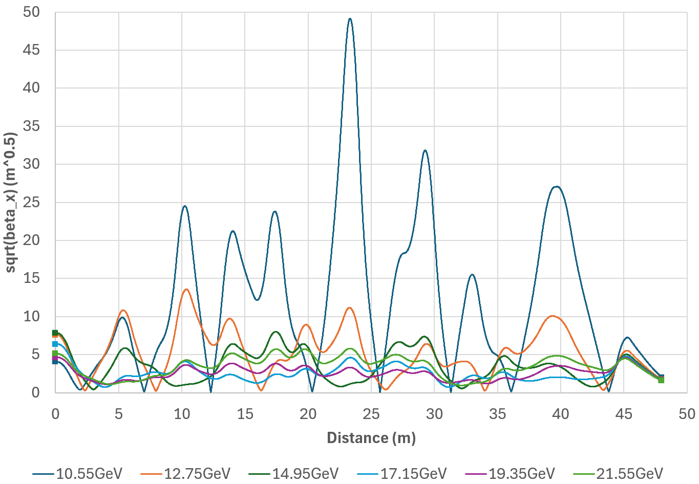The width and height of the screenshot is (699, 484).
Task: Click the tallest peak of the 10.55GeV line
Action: pos(350,19)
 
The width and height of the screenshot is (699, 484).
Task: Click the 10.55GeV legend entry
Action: pos(77,474)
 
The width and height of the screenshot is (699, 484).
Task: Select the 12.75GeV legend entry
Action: pos(185,474)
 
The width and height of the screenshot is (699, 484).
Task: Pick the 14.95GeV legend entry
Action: pos(293,474)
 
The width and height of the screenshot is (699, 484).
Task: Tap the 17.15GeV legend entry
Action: pos(401,474)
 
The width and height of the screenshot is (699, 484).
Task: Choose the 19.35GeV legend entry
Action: pos(510,474)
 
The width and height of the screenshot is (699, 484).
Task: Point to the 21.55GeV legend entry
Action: pos(618,474)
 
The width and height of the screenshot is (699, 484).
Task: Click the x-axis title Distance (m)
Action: pos(371,438)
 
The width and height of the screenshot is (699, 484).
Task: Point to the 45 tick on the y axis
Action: pos(31,50)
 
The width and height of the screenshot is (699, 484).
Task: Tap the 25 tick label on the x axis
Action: pos(371,414)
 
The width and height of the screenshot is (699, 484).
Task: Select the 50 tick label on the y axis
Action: pos(31,12)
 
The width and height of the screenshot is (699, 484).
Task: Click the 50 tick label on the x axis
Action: pos(687,414)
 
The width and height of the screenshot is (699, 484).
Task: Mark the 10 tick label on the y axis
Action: pos(31,317)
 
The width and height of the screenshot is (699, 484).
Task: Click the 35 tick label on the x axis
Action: pos(497,414)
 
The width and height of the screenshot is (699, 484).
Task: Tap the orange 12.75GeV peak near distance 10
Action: pos(186,290)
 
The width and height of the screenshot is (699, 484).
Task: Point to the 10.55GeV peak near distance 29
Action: pos(425,150)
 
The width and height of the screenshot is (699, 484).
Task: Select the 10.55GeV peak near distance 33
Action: pos(472,275)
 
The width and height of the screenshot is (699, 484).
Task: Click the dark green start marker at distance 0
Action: pos(55,333)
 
